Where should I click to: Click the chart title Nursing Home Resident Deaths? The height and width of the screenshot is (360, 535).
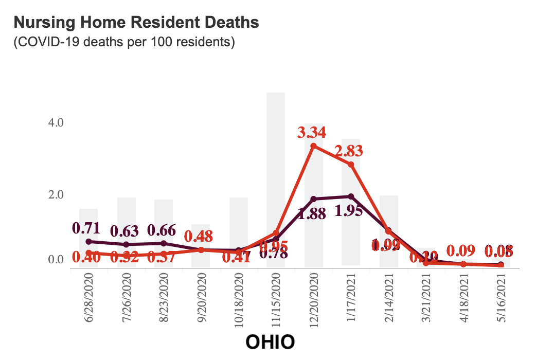coord(136,23)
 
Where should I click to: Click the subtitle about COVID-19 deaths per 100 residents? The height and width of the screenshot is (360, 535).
coord(124,42)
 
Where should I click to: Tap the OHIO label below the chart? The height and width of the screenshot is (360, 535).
coord(270,342)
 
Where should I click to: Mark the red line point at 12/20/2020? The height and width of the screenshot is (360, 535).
coord(313,146)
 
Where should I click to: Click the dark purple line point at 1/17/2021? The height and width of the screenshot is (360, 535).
coord(351,196)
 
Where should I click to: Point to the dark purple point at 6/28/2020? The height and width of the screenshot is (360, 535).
coord(88,241)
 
